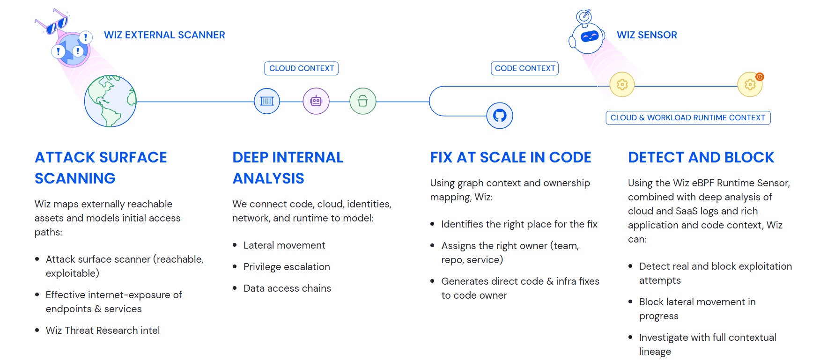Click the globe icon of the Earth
coord(111,101)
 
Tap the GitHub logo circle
coord(500,116)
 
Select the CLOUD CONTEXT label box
coord(302,68)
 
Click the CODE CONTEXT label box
coord(524,68)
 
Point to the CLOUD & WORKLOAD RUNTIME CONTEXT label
coord(687,118)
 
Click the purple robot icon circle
coord(316,101)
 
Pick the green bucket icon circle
coord(363,101)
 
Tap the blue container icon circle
coord(267,101)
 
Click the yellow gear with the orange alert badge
coord(750,85)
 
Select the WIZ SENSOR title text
coord(647,35)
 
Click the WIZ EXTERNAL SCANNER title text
coord(164,35)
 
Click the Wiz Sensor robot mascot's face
coord(589,37)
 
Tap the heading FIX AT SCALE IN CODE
coord(510,158)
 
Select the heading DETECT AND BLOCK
coord(701,158)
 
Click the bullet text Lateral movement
coord(284,245)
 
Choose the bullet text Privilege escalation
coord(287,267)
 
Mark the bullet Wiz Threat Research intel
coord(103,331)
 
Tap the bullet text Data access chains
coord(287,288)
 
